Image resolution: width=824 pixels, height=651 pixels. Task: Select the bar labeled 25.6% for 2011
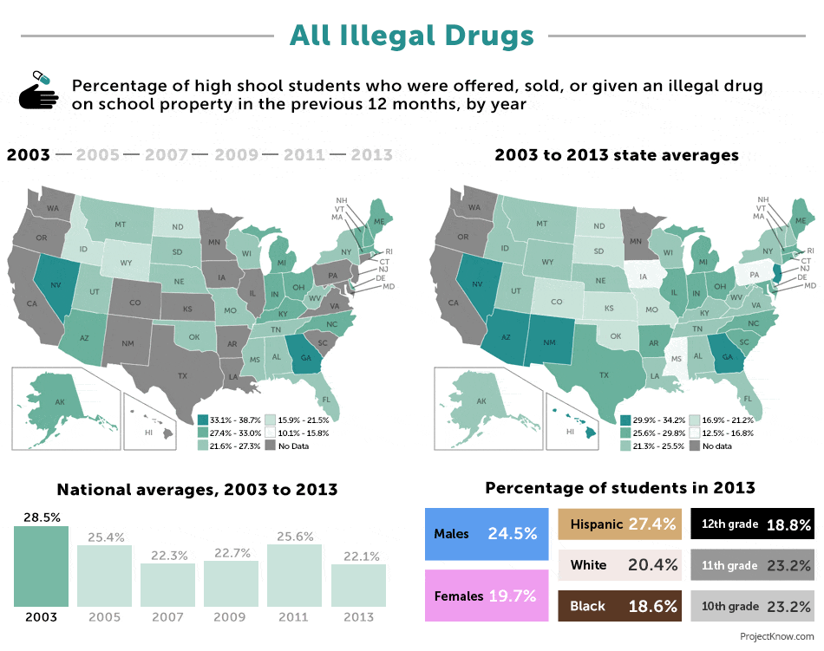pos(294,575)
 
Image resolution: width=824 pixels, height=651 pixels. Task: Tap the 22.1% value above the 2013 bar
pos(358,555)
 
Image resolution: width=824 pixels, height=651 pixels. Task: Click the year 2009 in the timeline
pos(237,155)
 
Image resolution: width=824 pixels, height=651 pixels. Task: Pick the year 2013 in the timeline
pos(372,155)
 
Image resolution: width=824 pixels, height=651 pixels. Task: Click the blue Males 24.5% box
pos(487,534)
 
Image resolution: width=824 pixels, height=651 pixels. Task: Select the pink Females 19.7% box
pos(487,596)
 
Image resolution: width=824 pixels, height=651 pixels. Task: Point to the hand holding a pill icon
pos(39,90)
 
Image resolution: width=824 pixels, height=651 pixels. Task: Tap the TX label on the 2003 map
pos(183,376)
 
